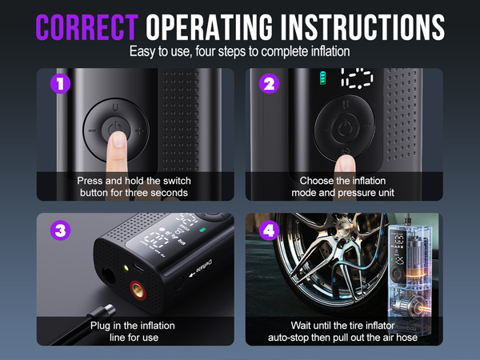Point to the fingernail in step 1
tap(119, 143)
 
